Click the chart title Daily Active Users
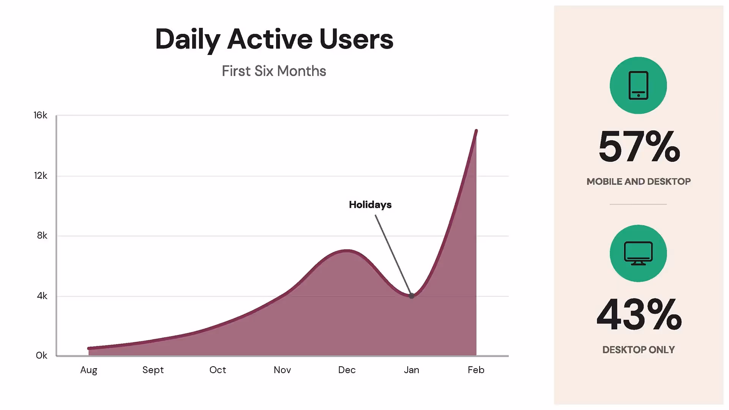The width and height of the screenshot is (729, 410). (x=274, y=39)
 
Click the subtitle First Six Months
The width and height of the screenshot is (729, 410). (x=274, y=71)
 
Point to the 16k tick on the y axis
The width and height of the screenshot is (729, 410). (x=40, y=115)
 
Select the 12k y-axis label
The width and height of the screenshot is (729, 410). (x=41, y=175)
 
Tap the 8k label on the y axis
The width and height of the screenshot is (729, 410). (x=42, y=235)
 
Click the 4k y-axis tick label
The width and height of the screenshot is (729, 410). (x=42, y=296)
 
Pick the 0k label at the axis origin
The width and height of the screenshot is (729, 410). (x=41, y=355)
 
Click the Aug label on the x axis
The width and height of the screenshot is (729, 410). (x=89, y=370)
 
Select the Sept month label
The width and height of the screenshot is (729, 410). (x=153, y=370)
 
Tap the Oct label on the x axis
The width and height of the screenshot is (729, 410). (x=218, y=370)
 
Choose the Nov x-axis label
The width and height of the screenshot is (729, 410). (x=282, y=370)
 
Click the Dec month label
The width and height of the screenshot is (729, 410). (x=347, y=370)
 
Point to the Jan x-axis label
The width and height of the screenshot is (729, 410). (x=411, y=370)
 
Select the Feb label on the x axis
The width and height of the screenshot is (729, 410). (x=476, y=370)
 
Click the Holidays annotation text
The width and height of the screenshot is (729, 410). (x=370, y=205)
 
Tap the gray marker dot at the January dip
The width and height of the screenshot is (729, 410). (x=412, y=296)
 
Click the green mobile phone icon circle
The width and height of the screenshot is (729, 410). (x=638, y=85)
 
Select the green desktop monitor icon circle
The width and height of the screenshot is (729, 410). (x=638, y=253)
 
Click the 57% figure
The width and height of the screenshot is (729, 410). (x=639, y=147)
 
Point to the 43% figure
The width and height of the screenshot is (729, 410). (x=639, y=315)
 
